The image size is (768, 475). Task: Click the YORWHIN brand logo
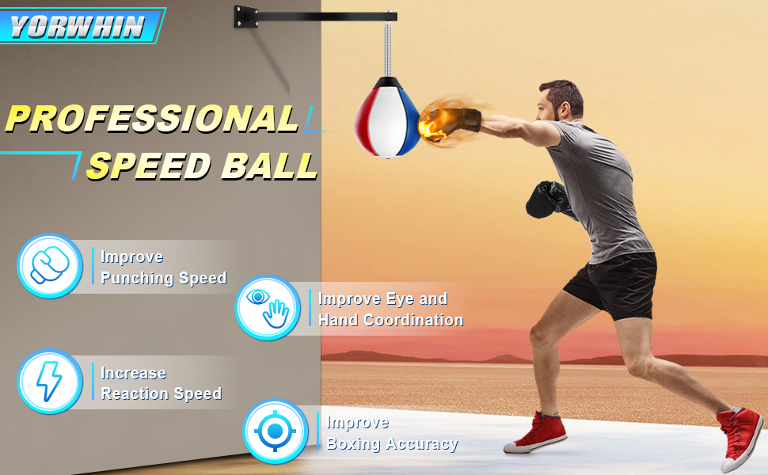pos(78,26)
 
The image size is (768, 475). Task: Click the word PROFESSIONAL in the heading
pos(152,119)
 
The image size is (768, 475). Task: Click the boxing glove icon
pos(50,266)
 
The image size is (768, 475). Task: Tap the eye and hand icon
pos(268,308)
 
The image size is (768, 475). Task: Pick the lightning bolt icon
pos(50,382)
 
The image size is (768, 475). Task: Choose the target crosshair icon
pos(275,431)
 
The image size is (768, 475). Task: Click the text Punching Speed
pos(164,278)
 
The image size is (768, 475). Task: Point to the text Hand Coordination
pos(390,320)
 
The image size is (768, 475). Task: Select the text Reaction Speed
pos(162,393)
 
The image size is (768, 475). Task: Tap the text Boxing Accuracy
pos(392,443)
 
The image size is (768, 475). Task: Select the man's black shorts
pos(611,283)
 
